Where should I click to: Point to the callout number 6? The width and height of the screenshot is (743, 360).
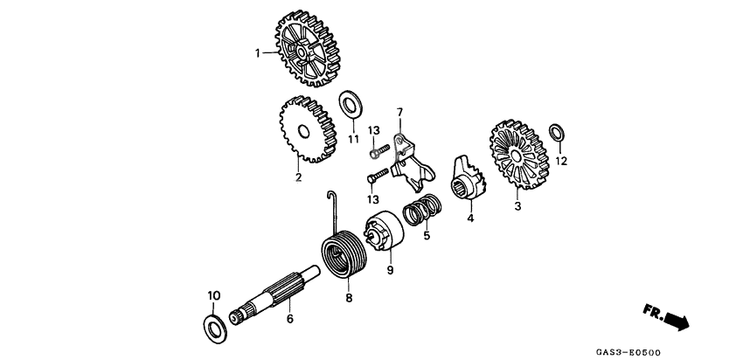click(x=290, y=320)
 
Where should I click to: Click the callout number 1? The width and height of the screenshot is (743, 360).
click(x=258, y=53)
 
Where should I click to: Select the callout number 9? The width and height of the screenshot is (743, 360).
click(x=390, y=271)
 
